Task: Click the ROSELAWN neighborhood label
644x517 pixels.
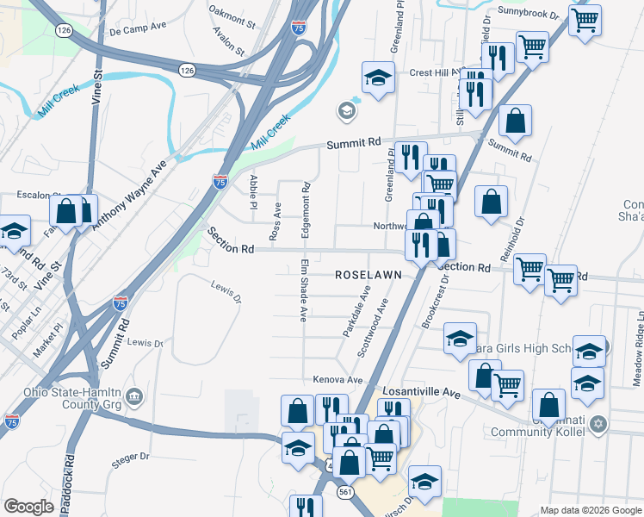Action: (x=369, y=275)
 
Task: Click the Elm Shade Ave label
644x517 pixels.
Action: (x=304, y=290)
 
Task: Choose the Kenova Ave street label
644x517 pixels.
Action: (x=337, y=379)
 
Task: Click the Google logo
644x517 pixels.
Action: (x=28, y=507)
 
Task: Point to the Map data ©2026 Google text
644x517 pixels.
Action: (x=590, y=510)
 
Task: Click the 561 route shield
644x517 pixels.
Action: (x=345, y=491)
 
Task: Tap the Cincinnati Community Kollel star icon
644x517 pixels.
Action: (x=600, y=425)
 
